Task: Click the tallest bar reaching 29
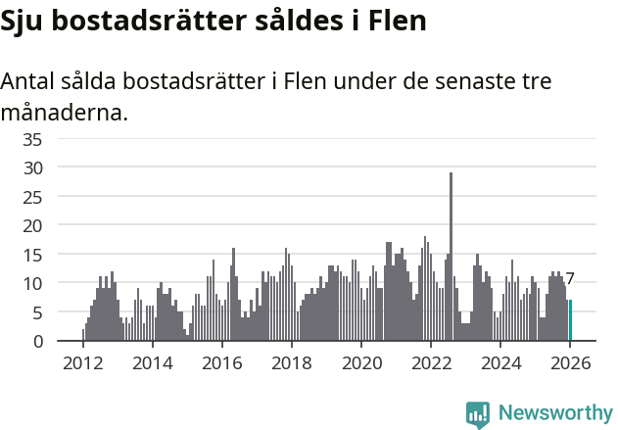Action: coord(451,257)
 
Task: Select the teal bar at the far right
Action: coord(570,320)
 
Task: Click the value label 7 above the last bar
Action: coord(570,279)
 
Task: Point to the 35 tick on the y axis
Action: coord(31,139)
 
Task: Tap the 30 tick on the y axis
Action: coord(31,167)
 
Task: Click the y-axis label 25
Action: coord(31,197)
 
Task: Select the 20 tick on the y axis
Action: coord(31,225)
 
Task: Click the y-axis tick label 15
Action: coord(31,255)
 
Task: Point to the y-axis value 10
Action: coord(31,283)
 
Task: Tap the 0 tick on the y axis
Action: coord(36,341)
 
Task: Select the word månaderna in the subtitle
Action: coord(64,113)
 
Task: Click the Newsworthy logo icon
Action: coord(478,414)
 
